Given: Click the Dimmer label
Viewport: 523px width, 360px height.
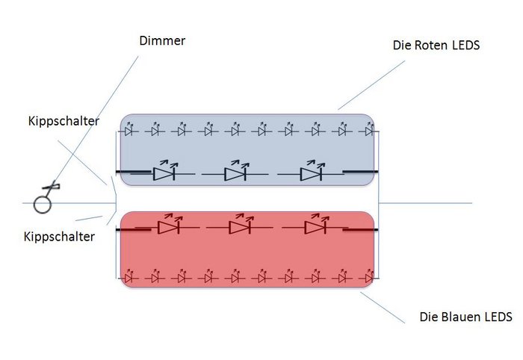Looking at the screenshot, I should pyautogui.click(x=162, y=40).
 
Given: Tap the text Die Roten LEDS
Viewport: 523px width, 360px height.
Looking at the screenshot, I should pyautogui.click(x=436, y=46).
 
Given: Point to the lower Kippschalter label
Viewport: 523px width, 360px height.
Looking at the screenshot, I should pyautogui.click(x=61, y=237).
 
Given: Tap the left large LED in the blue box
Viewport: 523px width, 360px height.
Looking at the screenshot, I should pyautogui.click(x=164, y=173).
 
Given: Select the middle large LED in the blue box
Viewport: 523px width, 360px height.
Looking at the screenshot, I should pyautogui.click(x=235, y=173).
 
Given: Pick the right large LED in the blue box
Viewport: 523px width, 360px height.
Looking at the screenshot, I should pyautogui.click(x=311, y=173).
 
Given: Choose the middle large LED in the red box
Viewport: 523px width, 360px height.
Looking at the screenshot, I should pyautogui.click(x=239, y=226).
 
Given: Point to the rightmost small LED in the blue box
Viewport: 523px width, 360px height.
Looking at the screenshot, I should pyautogui.click(x=368, y=131).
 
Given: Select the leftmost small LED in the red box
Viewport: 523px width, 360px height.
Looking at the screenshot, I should pyautogui.click(x=129, y=277).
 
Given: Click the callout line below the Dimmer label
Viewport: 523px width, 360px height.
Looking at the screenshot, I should pyautogui.click(x=112, y=97).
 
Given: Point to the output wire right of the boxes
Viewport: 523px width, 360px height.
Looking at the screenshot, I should pyautogui.click(x=433, y=202).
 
